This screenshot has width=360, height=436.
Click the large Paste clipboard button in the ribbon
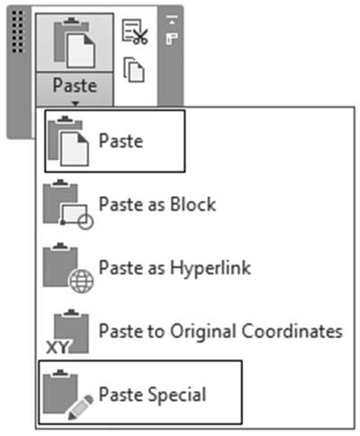click(x=75, y=42)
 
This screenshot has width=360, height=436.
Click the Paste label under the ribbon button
click(x=75, y=85)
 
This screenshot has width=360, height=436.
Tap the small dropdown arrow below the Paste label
click(x=76, y=103)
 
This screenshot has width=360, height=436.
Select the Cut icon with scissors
click(x=135, y=32)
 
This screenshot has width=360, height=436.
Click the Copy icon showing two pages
click(x=134, y=69)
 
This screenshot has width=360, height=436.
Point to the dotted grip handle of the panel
click(x=18, y=31)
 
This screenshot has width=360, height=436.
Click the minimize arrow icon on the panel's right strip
click(x=172, y=20)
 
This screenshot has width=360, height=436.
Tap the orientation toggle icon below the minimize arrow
click(x=172, y=39)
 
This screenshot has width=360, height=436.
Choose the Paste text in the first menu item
click(x=121, y=141)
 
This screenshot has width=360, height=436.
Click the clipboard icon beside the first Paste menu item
click(x=68, y=141)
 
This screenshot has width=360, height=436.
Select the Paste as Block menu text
click(x=157, y=204)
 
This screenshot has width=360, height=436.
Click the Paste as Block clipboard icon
click(x=68, y=204)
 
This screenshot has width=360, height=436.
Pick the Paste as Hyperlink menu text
click(x=175, y=268)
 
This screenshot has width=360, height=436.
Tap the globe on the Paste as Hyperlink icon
click(x=81, y=281)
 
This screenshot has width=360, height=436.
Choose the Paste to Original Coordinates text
click(x=220, y=331)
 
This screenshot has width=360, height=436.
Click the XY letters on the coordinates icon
click(x=58, y=348)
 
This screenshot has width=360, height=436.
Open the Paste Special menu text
click(x=152, y=395)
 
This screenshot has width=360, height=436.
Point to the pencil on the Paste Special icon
click(x=81, y=407)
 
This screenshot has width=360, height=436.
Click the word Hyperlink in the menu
click(x=211, y=268)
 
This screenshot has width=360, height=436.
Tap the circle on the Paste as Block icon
click(x=85, y=221)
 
